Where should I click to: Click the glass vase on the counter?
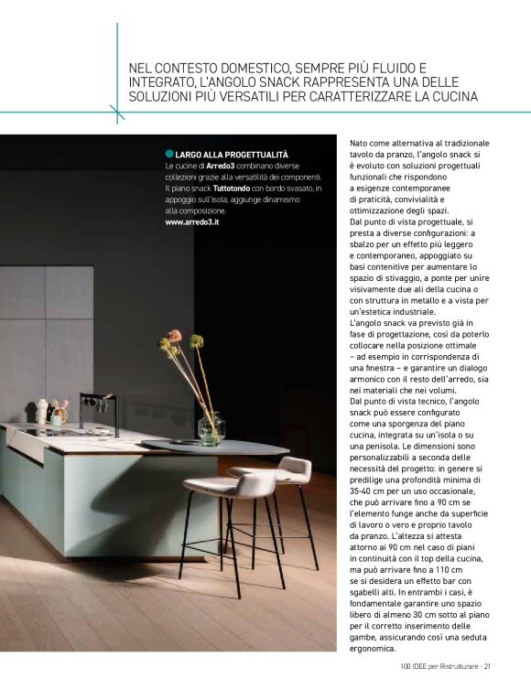211,428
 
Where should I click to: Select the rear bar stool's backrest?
294,469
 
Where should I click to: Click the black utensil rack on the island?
98,411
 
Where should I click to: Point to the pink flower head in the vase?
175,336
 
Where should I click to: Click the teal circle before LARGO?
169,153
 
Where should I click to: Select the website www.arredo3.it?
197,221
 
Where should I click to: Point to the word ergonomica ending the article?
377,647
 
